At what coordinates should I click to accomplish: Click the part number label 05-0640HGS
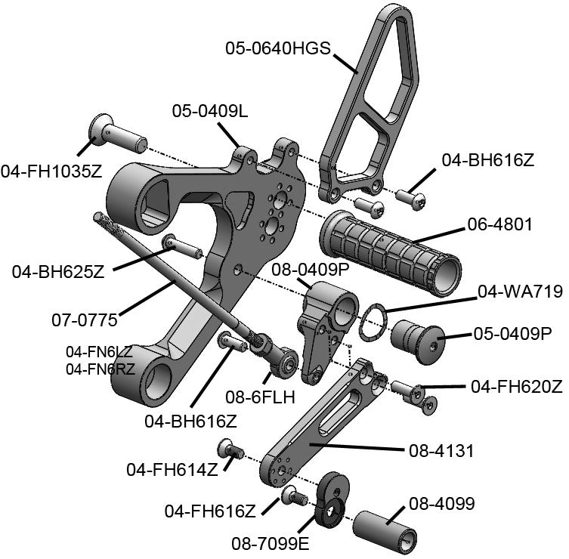click(x=277, y=48)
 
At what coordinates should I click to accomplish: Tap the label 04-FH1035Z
click(x=51, y=171)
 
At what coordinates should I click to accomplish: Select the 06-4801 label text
click(x=499, y=224)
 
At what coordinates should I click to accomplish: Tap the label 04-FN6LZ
click(x=99, y=352)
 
